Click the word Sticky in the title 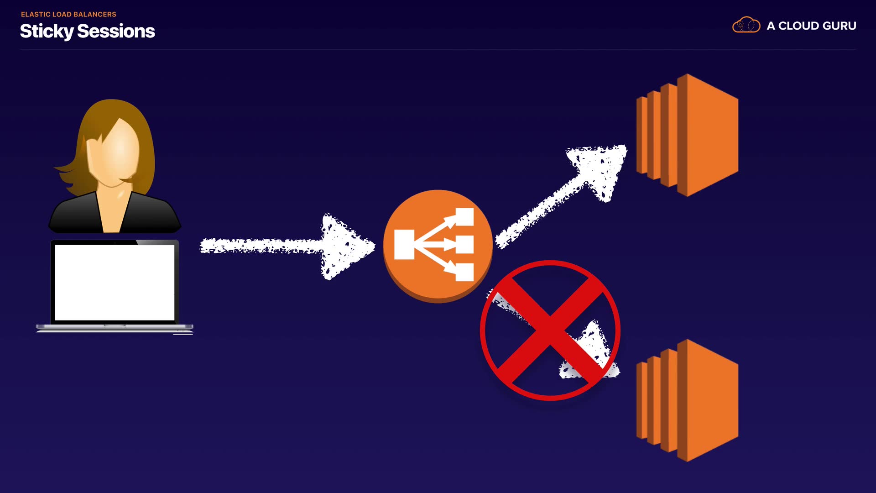point(47,31)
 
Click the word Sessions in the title point(116,31)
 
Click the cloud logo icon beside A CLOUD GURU point(746,25)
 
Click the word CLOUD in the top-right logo point(798,26)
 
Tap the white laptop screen point(114,282)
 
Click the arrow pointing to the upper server point(566,192)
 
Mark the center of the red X point(550,330)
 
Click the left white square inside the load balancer point(404,245)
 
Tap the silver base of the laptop point(114,327)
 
